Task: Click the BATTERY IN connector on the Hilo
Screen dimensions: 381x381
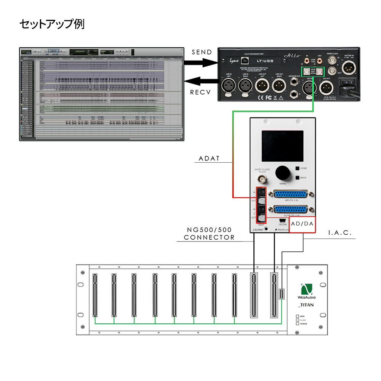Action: pos(349,68)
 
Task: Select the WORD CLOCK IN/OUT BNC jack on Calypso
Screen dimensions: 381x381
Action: pos(263,179)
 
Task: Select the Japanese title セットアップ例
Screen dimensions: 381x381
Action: pos(52,25)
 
